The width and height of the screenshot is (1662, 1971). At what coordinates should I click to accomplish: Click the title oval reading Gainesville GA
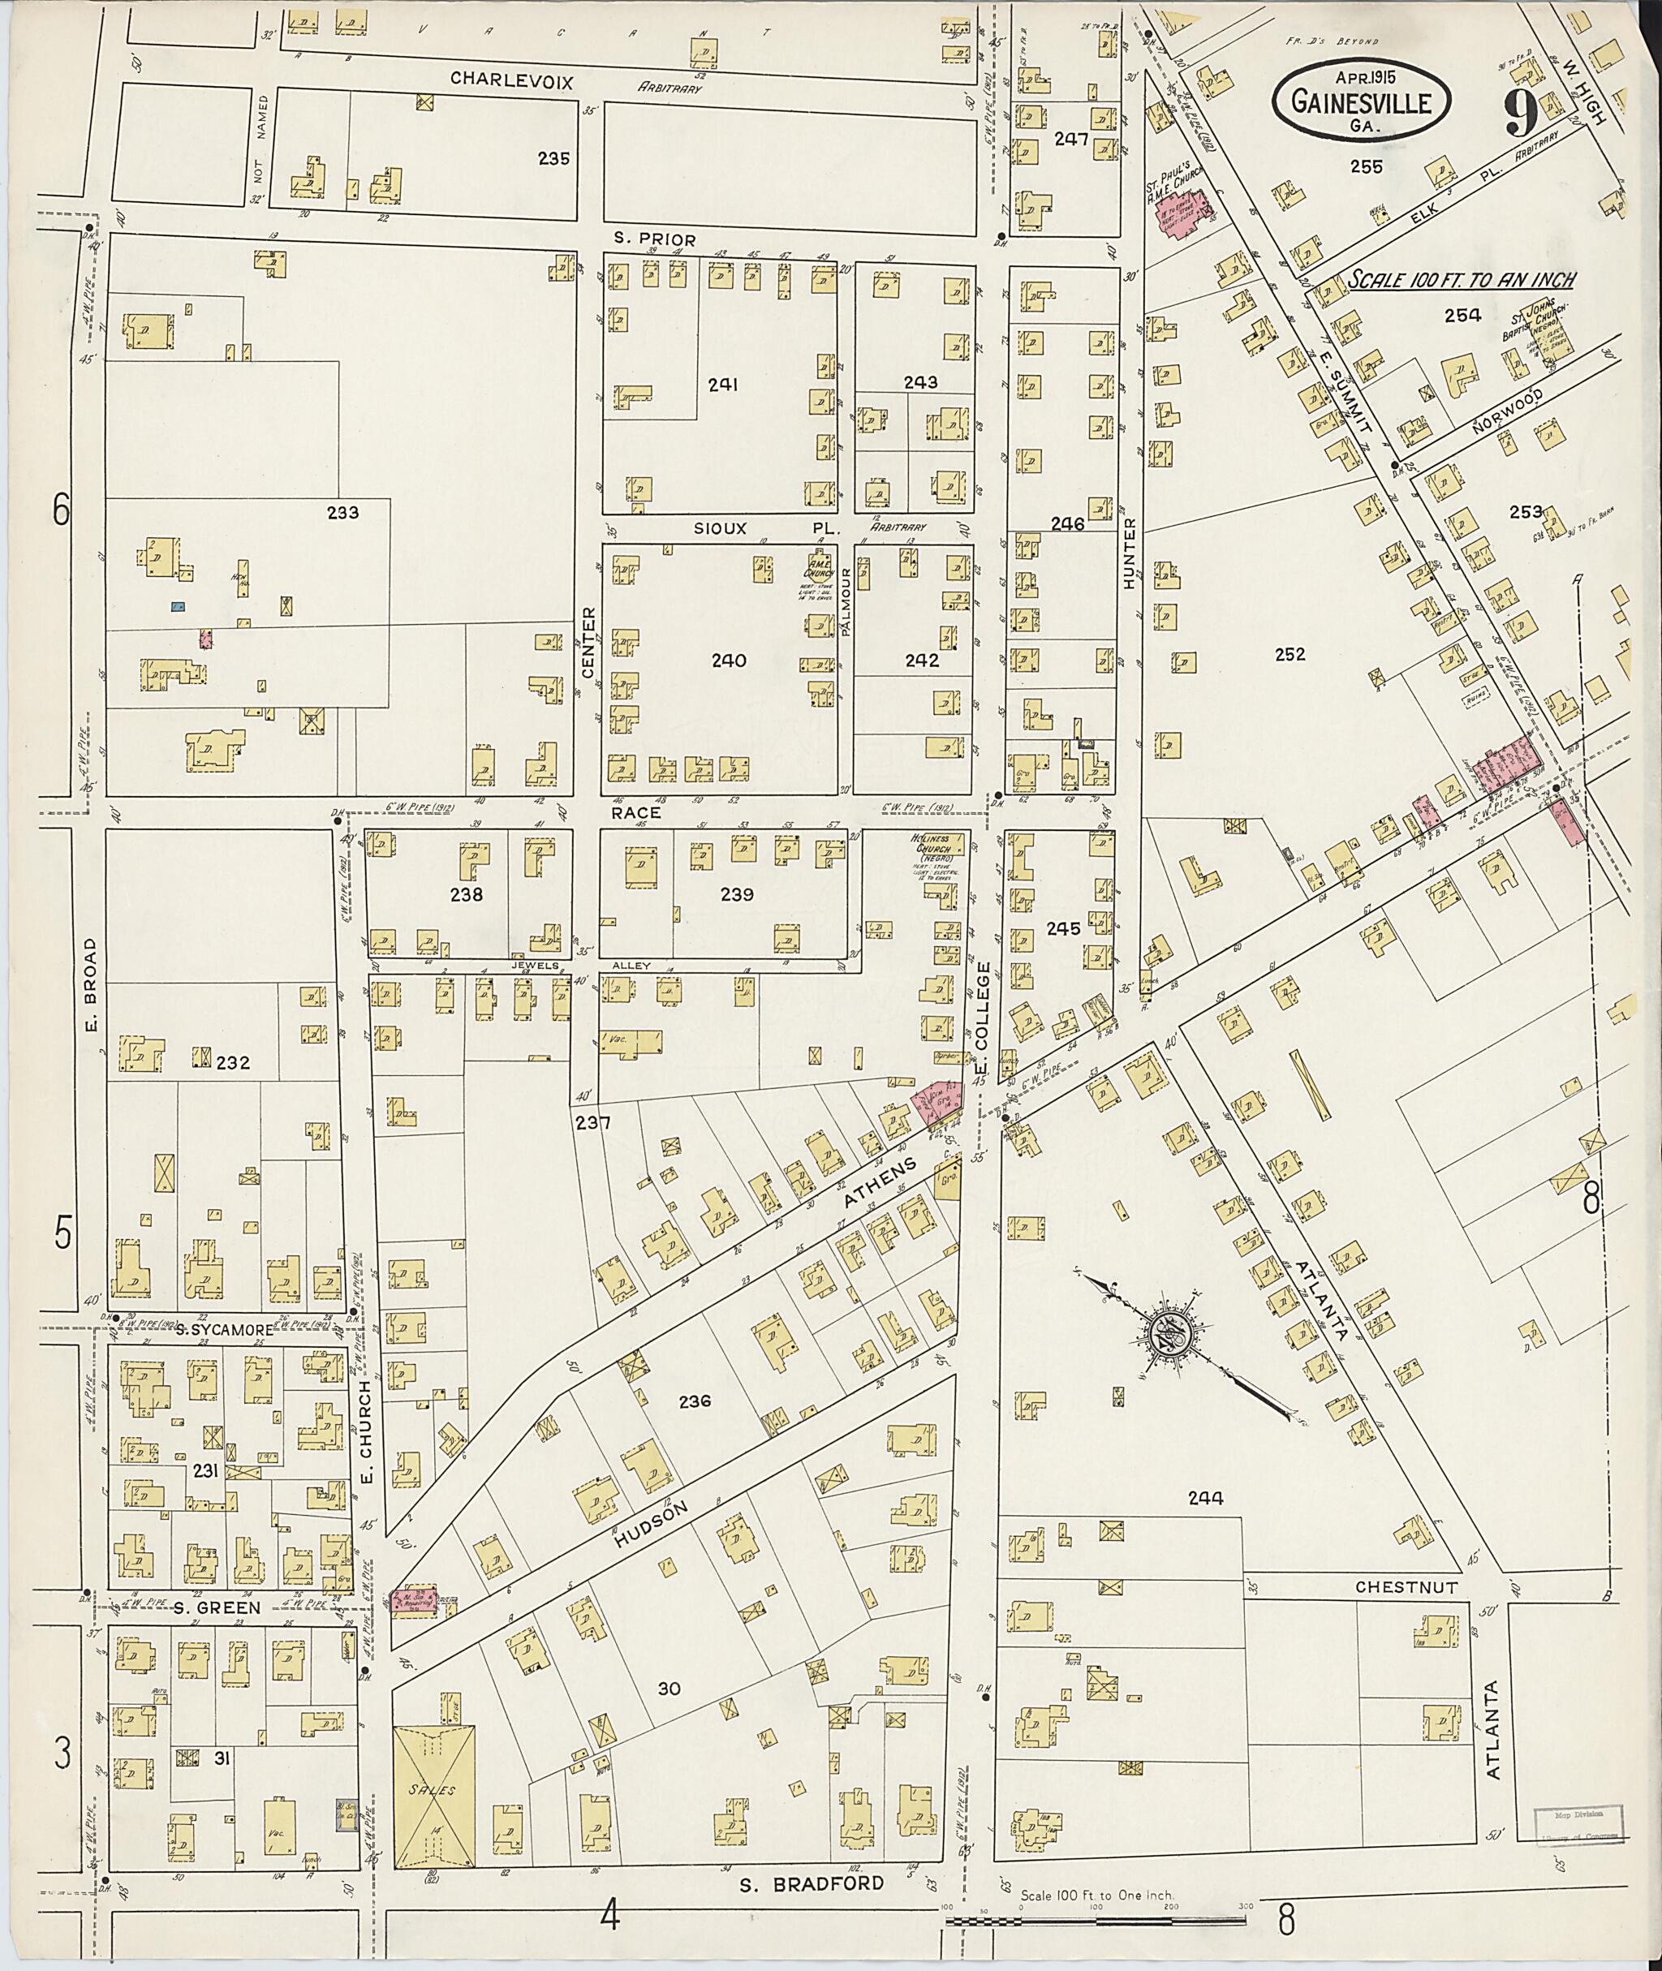pos(1362,103)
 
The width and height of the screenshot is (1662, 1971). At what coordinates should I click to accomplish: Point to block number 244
pos(1205,1497)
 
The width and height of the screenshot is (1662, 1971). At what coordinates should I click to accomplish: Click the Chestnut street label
pos(1406,1587)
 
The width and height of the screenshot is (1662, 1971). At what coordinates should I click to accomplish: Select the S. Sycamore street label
pos(223,1329)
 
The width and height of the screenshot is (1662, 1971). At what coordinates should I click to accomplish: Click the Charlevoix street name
pos(511,80)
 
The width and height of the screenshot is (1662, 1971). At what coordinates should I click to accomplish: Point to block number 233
pos(342,513)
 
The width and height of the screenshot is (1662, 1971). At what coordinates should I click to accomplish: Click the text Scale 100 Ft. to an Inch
pos(1462,280)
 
